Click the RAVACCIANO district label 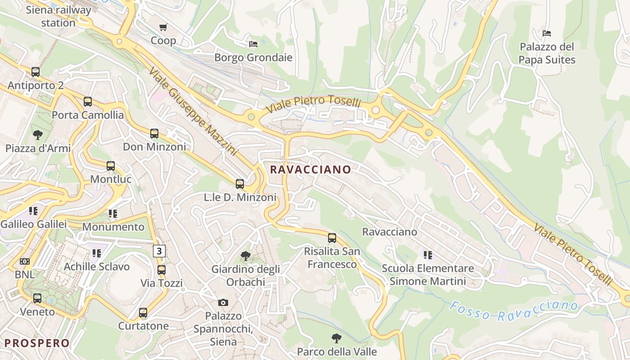pos(310,169)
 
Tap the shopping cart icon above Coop pos(163,27)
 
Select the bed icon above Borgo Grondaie pos(253,44)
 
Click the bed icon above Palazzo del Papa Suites pos(547,33)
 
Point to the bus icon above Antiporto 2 pos(36,72)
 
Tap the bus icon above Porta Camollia pos(88,102)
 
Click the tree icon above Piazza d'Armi pos(38,135)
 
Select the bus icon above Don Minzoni pos(154,133)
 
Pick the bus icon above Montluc pos(111,166)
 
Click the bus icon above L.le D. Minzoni pos(240,184)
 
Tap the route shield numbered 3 pos(159,251)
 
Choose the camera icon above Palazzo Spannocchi pos(223,302)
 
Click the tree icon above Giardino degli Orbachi pos(246,256)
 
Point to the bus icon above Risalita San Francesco pos(332,238)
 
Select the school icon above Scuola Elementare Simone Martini pos(427,255)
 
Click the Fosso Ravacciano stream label pos(513,310)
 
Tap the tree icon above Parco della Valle pos(336,338)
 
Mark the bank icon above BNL pos(25,261)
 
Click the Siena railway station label pos(58,16)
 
